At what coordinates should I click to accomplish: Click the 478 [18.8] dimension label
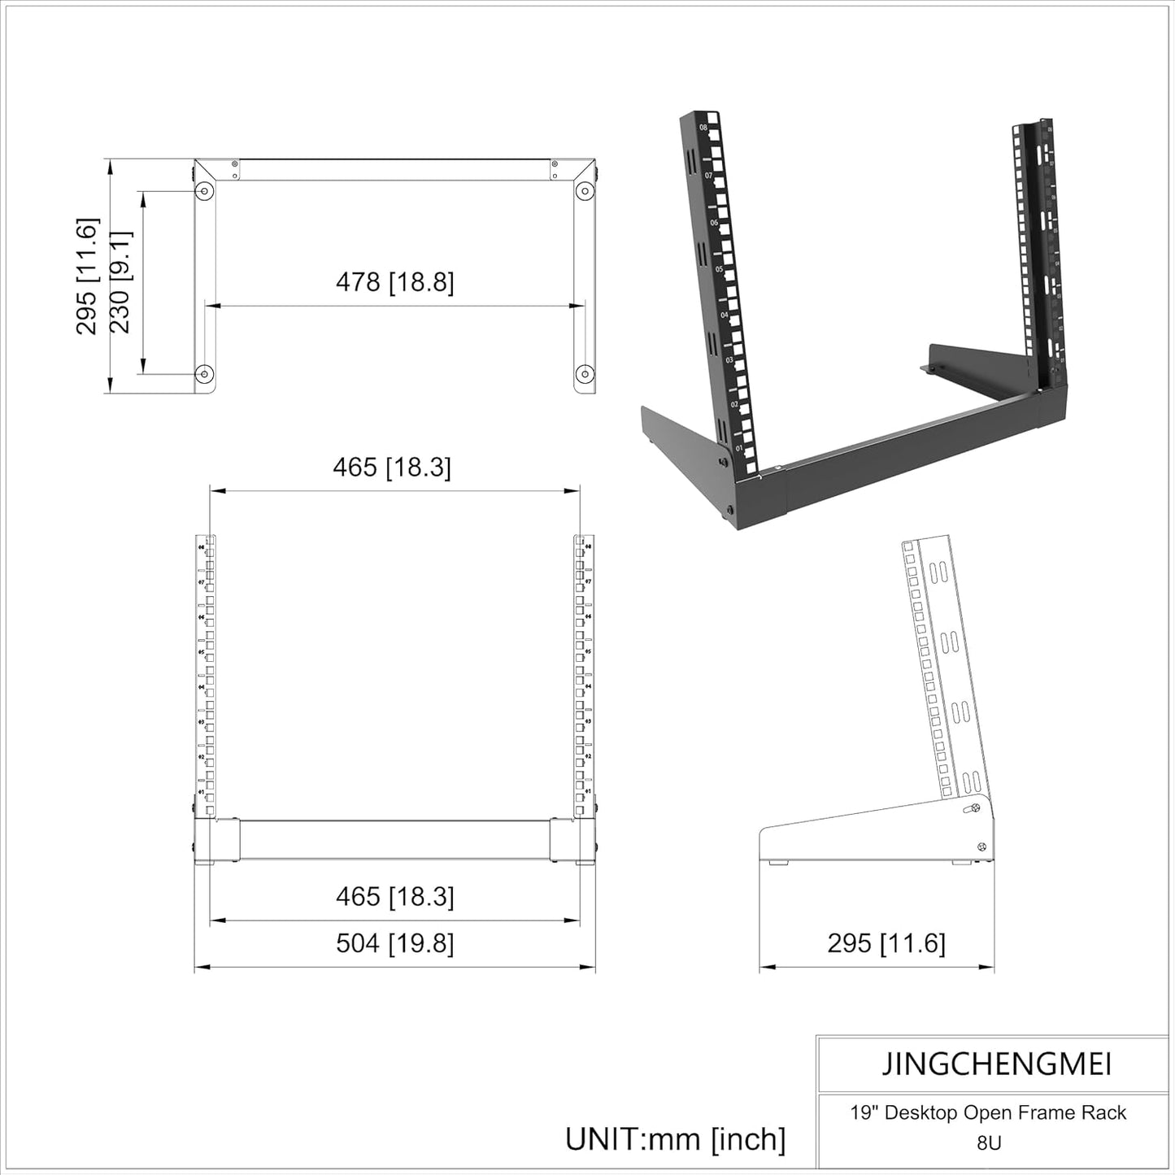tap(394, 282)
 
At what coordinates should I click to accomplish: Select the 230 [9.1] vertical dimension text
tap(120, 282)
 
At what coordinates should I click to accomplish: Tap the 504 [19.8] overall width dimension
tap(394, 943)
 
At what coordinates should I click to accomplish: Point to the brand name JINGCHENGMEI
tap(996, 1064)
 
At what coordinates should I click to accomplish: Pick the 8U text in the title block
tap(989, 1142)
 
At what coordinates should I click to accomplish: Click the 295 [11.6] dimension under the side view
tap(886, 943)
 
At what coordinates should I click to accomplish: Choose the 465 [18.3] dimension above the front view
tap(391, 468)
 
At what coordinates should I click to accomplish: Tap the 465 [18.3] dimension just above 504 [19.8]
tap(394, 897)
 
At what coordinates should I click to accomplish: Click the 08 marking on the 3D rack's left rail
tap(703, 128)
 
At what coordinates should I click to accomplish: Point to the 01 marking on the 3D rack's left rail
tap(739, 448)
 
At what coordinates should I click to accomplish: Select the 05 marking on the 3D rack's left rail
tap(719, 268)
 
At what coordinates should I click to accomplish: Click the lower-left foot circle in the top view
tap(204, 374)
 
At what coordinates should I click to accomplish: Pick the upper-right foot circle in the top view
tap(584, 191)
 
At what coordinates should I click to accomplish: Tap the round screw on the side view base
tap(981, 847)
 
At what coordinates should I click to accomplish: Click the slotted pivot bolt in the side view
tap(970, 809)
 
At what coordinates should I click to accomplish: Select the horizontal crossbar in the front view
tap(394, 840)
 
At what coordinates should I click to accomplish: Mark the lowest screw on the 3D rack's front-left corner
tap(729, 511)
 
